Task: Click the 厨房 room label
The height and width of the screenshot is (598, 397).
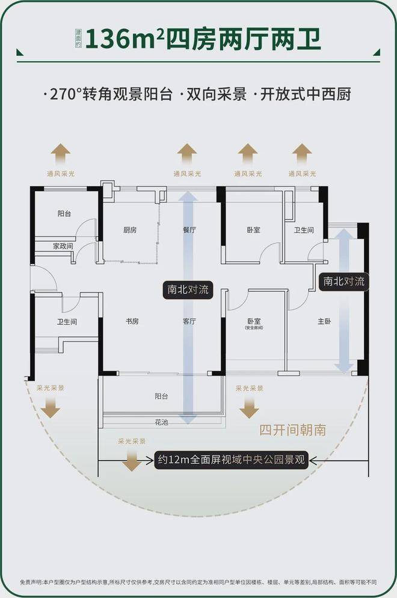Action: (x=130, y=230)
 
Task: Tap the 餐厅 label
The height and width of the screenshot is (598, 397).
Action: (x=189, y=230)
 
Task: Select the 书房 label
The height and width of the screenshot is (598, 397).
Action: (x=132, y=321)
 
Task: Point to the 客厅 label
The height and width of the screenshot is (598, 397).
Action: (x=189, y=321)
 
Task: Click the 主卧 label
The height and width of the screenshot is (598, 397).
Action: (x=325, y=321)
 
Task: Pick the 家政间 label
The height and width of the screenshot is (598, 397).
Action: (x=62, y=246)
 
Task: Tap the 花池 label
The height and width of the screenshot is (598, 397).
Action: (x=161, y=422)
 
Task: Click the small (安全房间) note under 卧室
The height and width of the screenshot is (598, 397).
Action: (x=253, y=328)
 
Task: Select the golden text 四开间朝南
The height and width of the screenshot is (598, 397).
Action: (x=293, y=430)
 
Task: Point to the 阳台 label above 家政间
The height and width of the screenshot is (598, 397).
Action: (x=64, y=214)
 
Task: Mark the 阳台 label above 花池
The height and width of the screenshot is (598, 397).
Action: (x=161, y=396)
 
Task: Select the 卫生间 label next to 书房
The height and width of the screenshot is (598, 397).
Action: (x=67, y=322)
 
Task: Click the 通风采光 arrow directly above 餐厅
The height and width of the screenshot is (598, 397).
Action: (x=187, y=155)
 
